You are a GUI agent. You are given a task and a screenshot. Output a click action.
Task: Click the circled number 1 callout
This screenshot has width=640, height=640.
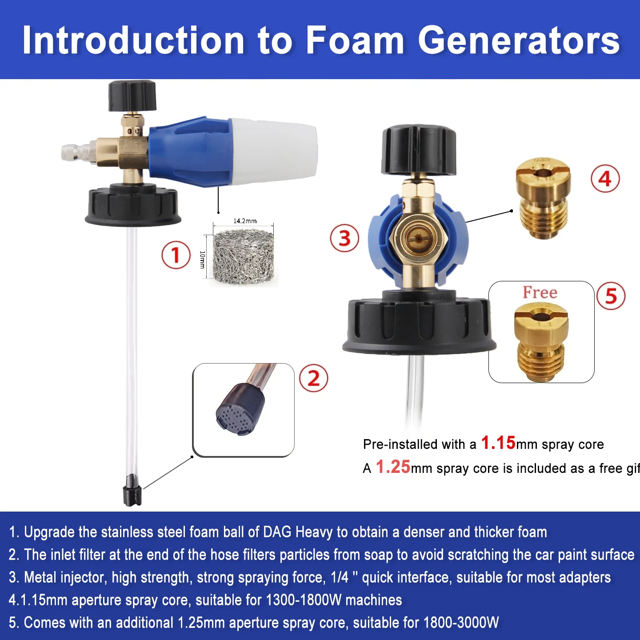coord(176,255)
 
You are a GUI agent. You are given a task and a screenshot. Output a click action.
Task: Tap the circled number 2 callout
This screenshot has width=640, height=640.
coord(313,378)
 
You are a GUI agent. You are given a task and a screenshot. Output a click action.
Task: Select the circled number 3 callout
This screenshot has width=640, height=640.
coord(344,238)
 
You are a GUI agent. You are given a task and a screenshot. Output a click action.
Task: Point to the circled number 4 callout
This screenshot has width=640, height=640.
coord(605,179)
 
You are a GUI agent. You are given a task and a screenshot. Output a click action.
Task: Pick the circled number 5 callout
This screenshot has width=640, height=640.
coord(611,296)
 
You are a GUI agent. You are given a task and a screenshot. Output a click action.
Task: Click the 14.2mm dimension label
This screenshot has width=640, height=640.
coord(245,221)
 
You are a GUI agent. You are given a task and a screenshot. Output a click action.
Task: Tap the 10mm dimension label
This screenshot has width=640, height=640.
coord(202,260)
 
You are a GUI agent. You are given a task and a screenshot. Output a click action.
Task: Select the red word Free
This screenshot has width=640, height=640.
coord(540,292)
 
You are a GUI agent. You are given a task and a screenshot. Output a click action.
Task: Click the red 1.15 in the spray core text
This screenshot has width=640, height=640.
coord(498,443)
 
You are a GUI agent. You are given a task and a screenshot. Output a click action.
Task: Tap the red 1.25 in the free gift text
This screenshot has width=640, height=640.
coord(393,467)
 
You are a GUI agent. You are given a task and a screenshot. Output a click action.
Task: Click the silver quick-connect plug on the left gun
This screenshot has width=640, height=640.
coord(78,152)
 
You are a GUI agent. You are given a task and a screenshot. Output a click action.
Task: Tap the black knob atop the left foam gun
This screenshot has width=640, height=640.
coord(132,96)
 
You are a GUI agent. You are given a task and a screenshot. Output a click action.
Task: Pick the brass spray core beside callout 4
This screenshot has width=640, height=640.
coord(543,198)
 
